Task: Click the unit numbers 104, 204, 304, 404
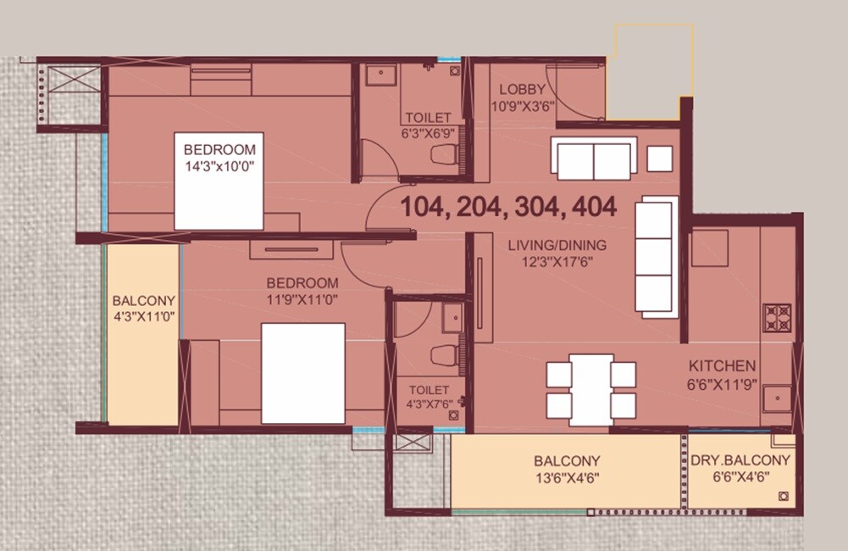tap(508, 206)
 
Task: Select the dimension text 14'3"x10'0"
tap(219, 166)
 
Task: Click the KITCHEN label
tap(722, 366)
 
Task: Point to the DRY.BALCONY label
tap(740, 460)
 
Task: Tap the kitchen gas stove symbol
tap(777, 317)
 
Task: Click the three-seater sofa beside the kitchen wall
tap(657, 256)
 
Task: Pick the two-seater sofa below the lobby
tap(594, 159)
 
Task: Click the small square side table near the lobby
tap(660, 159)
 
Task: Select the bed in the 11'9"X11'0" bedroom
tap(302, 373)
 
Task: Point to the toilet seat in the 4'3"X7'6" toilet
tap(441, 354)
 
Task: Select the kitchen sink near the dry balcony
tap(775, 398)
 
